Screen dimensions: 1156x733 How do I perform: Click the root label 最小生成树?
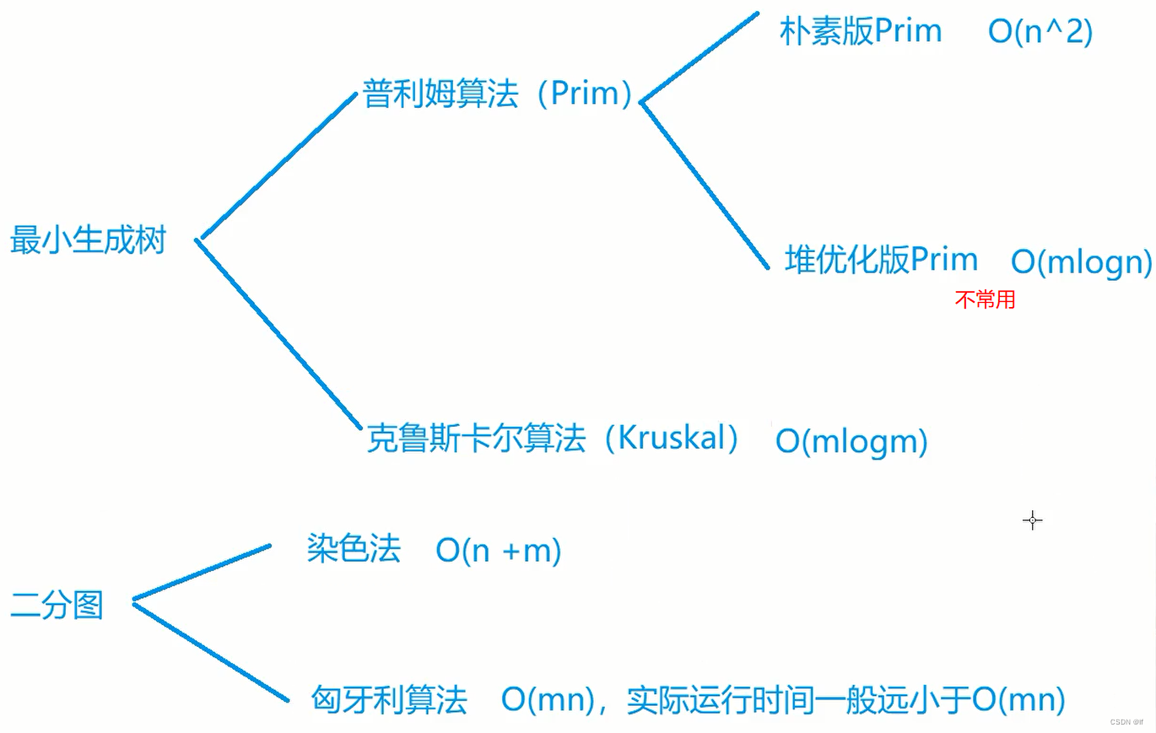pyautogui.click(x=88, y=241)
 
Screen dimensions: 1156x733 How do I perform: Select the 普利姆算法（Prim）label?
pyautogui.click(x=497, y=94)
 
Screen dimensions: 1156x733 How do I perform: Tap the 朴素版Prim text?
pyautogui.click(x=860, y=32)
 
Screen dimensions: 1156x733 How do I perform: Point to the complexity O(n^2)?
pyautogui.click(x=1040, y=33)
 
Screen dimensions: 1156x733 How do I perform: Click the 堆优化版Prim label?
pyautogui.click(x=881, y=259)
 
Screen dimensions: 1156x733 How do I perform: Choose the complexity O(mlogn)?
pyautogui.click(x=1081, y=262)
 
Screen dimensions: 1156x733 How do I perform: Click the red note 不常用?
pyautogui.click(x=985, y=299)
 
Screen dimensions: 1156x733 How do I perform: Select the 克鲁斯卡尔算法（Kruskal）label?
pyautogui.click(x=554, y=439)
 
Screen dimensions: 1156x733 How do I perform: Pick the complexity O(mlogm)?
pyautogui.click(x=851, y=442)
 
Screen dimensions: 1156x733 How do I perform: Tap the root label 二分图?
pyautogui.click(x=57, y=605)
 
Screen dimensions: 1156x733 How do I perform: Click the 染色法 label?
pyautogui.click(x=353, y=550)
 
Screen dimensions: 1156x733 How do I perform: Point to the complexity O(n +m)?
pyautogui.click(x=498, y=551)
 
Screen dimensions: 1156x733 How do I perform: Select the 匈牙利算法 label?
pyautogui.click(x=389, y=699)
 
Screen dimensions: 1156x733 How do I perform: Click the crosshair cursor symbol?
pyautogui.click(x=1032, y=520)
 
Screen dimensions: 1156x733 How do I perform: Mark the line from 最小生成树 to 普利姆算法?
pyautogui.click(x=278, y=166)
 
